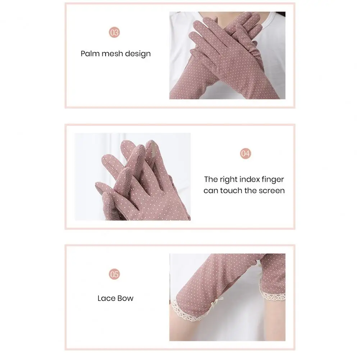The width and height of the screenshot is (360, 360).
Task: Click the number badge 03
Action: (114, 32)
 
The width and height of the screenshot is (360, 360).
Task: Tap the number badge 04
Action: (245, 153)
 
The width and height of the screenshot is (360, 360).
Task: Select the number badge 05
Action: (114, 274)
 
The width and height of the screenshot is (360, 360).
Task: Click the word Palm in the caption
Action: (90, 54)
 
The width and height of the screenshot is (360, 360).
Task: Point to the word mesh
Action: (112, 54)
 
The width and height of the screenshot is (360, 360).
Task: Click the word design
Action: (138, 54)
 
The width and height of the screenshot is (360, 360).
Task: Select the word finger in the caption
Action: (273, 180)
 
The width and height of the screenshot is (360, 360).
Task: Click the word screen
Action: (271, 191)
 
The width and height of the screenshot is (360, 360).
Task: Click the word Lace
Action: (106, 298)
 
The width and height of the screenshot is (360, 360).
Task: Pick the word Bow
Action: (126, 298)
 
